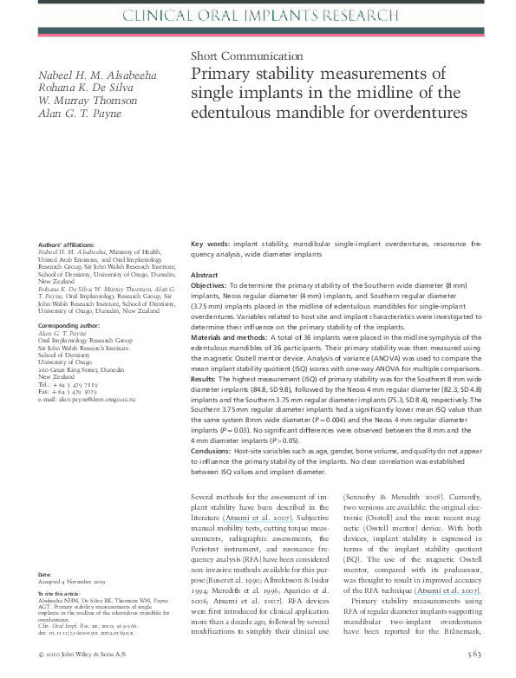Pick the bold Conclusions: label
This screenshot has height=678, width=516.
click(x=212, y=451)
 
